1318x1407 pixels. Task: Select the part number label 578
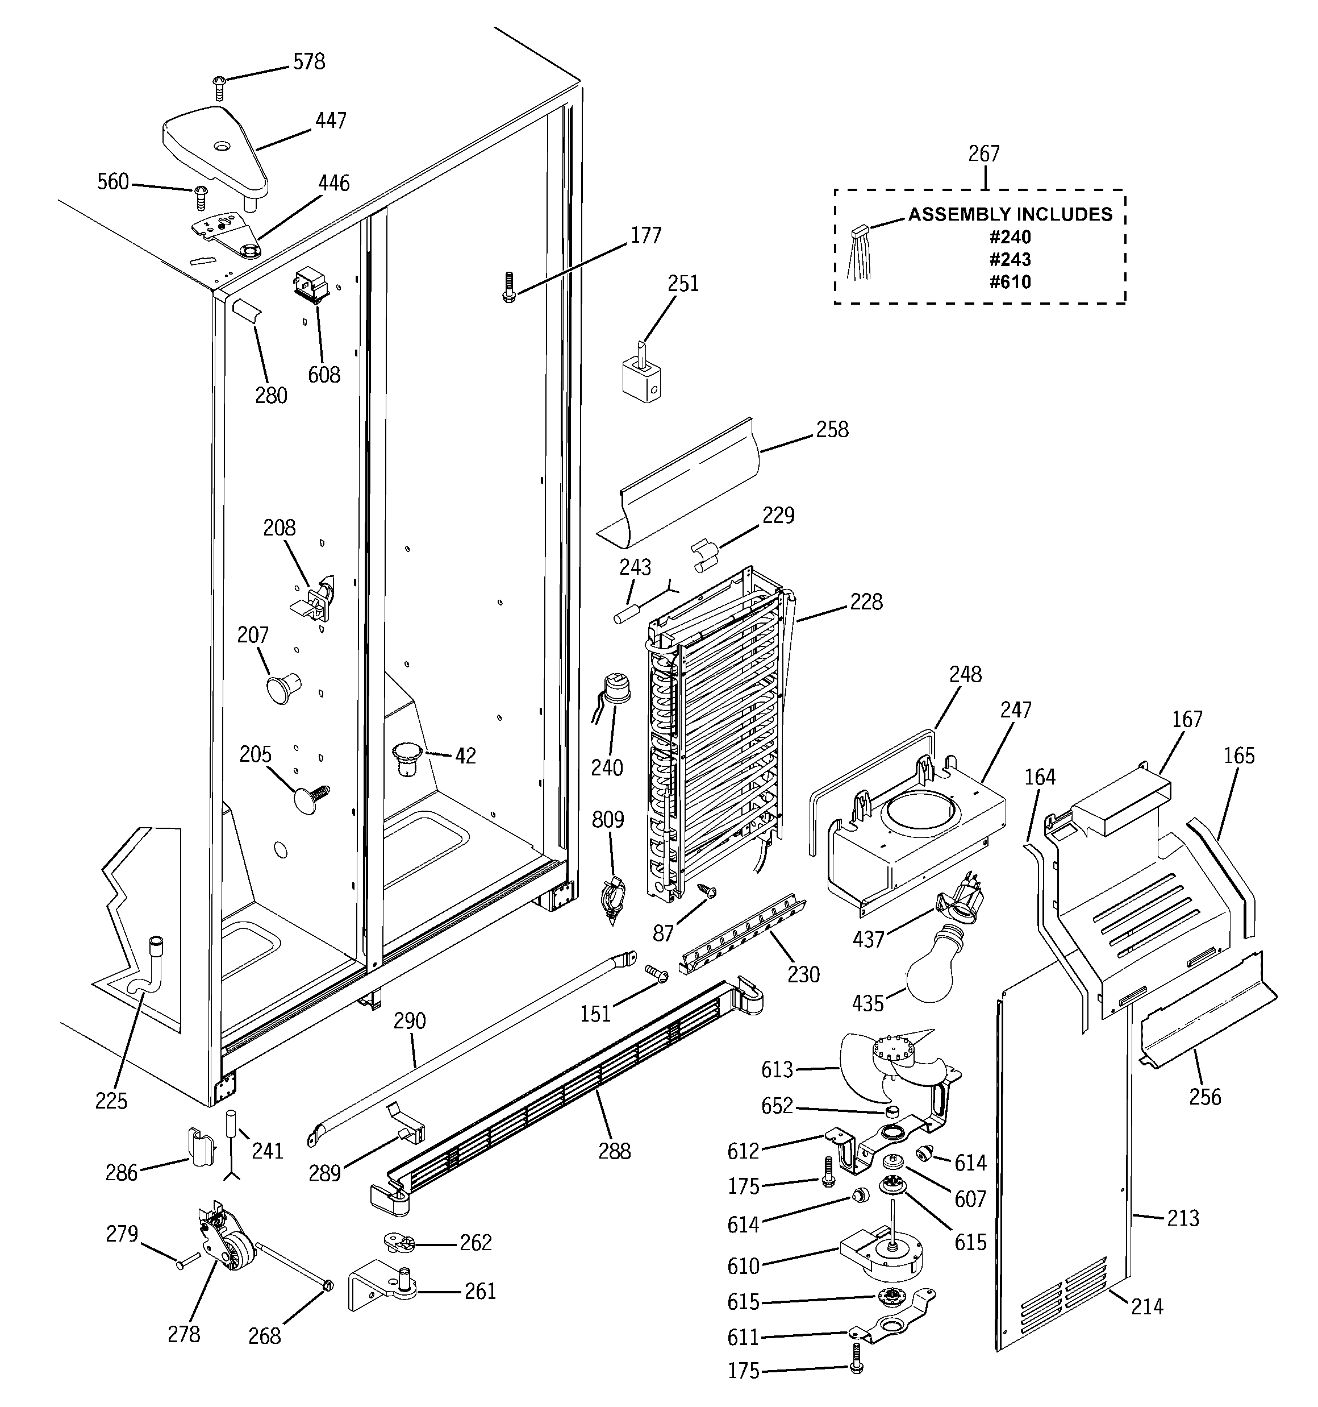(309, 63)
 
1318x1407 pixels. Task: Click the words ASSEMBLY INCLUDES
(1010, 214)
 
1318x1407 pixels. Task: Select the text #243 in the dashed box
(1010, 259)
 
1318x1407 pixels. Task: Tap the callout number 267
(983, 153)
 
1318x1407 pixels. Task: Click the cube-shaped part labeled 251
(641, 380)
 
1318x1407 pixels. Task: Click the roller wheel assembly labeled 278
(230, 1251)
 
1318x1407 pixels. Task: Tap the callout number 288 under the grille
(614, 1152)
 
